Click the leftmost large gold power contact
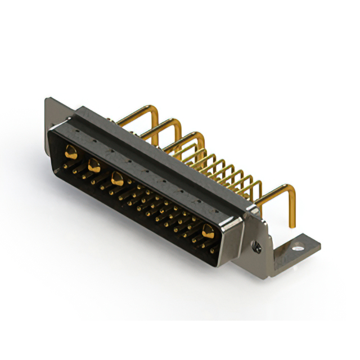click(x=71, y=151)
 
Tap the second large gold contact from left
click(x=94, y=165)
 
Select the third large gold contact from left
click(x=118, y=179)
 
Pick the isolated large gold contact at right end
click(x=208, y=229)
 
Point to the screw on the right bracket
click(x=257, y=245)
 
